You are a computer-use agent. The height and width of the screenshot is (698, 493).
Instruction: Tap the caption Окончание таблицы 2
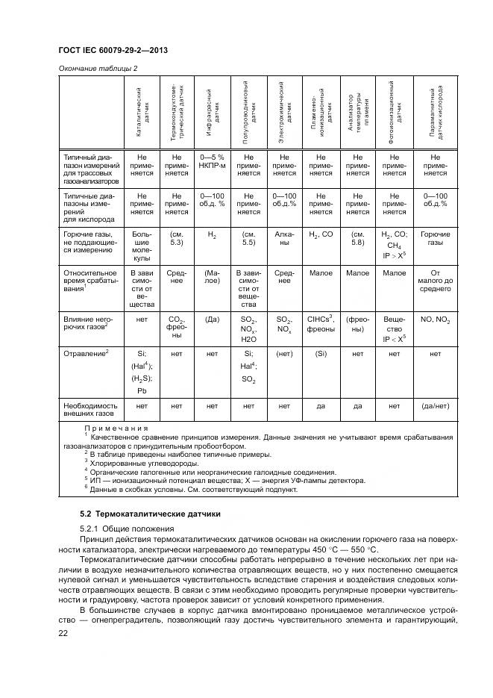[x=98, y=69]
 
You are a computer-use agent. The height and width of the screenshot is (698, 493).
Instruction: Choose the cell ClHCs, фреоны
[x=321, y=323]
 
